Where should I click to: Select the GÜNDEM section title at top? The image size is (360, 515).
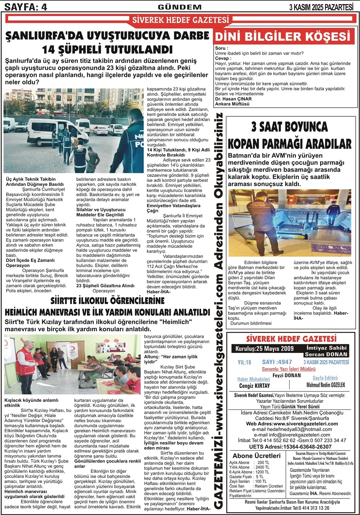coord(180,7)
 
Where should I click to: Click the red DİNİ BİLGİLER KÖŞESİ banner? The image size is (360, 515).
coord(284,37)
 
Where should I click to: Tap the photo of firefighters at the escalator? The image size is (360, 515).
coord(290,222)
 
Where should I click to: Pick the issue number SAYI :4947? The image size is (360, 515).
coord(277,362)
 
